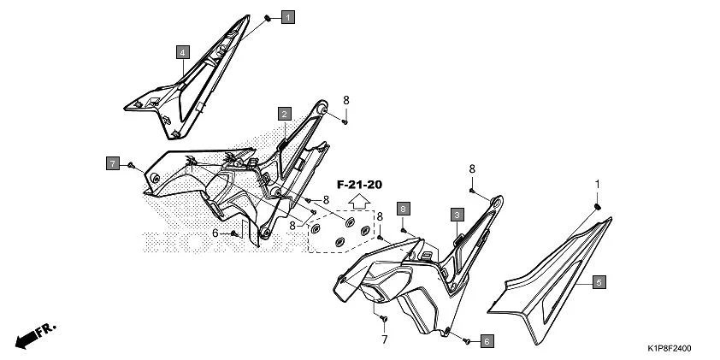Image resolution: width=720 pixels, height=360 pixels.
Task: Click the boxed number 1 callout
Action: click(x=287, y=17)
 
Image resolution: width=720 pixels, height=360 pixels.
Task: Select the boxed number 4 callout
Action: click(x=183, y=52)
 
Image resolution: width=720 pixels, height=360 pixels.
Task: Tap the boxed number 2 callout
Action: click(x=283, y=113)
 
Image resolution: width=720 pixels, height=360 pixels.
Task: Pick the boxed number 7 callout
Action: click(x=112, y=162)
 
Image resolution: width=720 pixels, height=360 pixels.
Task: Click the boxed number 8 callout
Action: click(x=403, y=208)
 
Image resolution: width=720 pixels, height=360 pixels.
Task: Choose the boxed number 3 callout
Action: click(x=457, y=214)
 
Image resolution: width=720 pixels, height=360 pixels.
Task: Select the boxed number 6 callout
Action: click(x=486, y=341)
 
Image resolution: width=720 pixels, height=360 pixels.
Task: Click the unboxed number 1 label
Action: click(x=598, y=184)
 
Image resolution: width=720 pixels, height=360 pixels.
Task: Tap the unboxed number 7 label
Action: click(x=384, y=339)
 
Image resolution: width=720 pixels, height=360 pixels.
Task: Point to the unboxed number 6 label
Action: click(x=215, y=233)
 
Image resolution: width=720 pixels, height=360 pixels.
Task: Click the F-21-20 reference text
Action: click(x=359, y=185)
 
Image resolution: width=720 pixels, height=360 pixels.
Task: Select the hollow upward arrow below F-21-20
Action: click(x=360, y=202)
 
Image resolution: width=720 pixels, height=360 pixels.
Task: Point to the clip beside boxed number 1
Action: click(x=267, y=17)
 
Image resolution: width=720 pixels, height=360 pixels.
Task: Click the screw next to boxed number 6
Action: click(x=467, y=340)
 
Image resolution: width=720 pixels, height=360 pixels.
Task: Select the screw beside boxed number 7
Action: click(x=131, y=163)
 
